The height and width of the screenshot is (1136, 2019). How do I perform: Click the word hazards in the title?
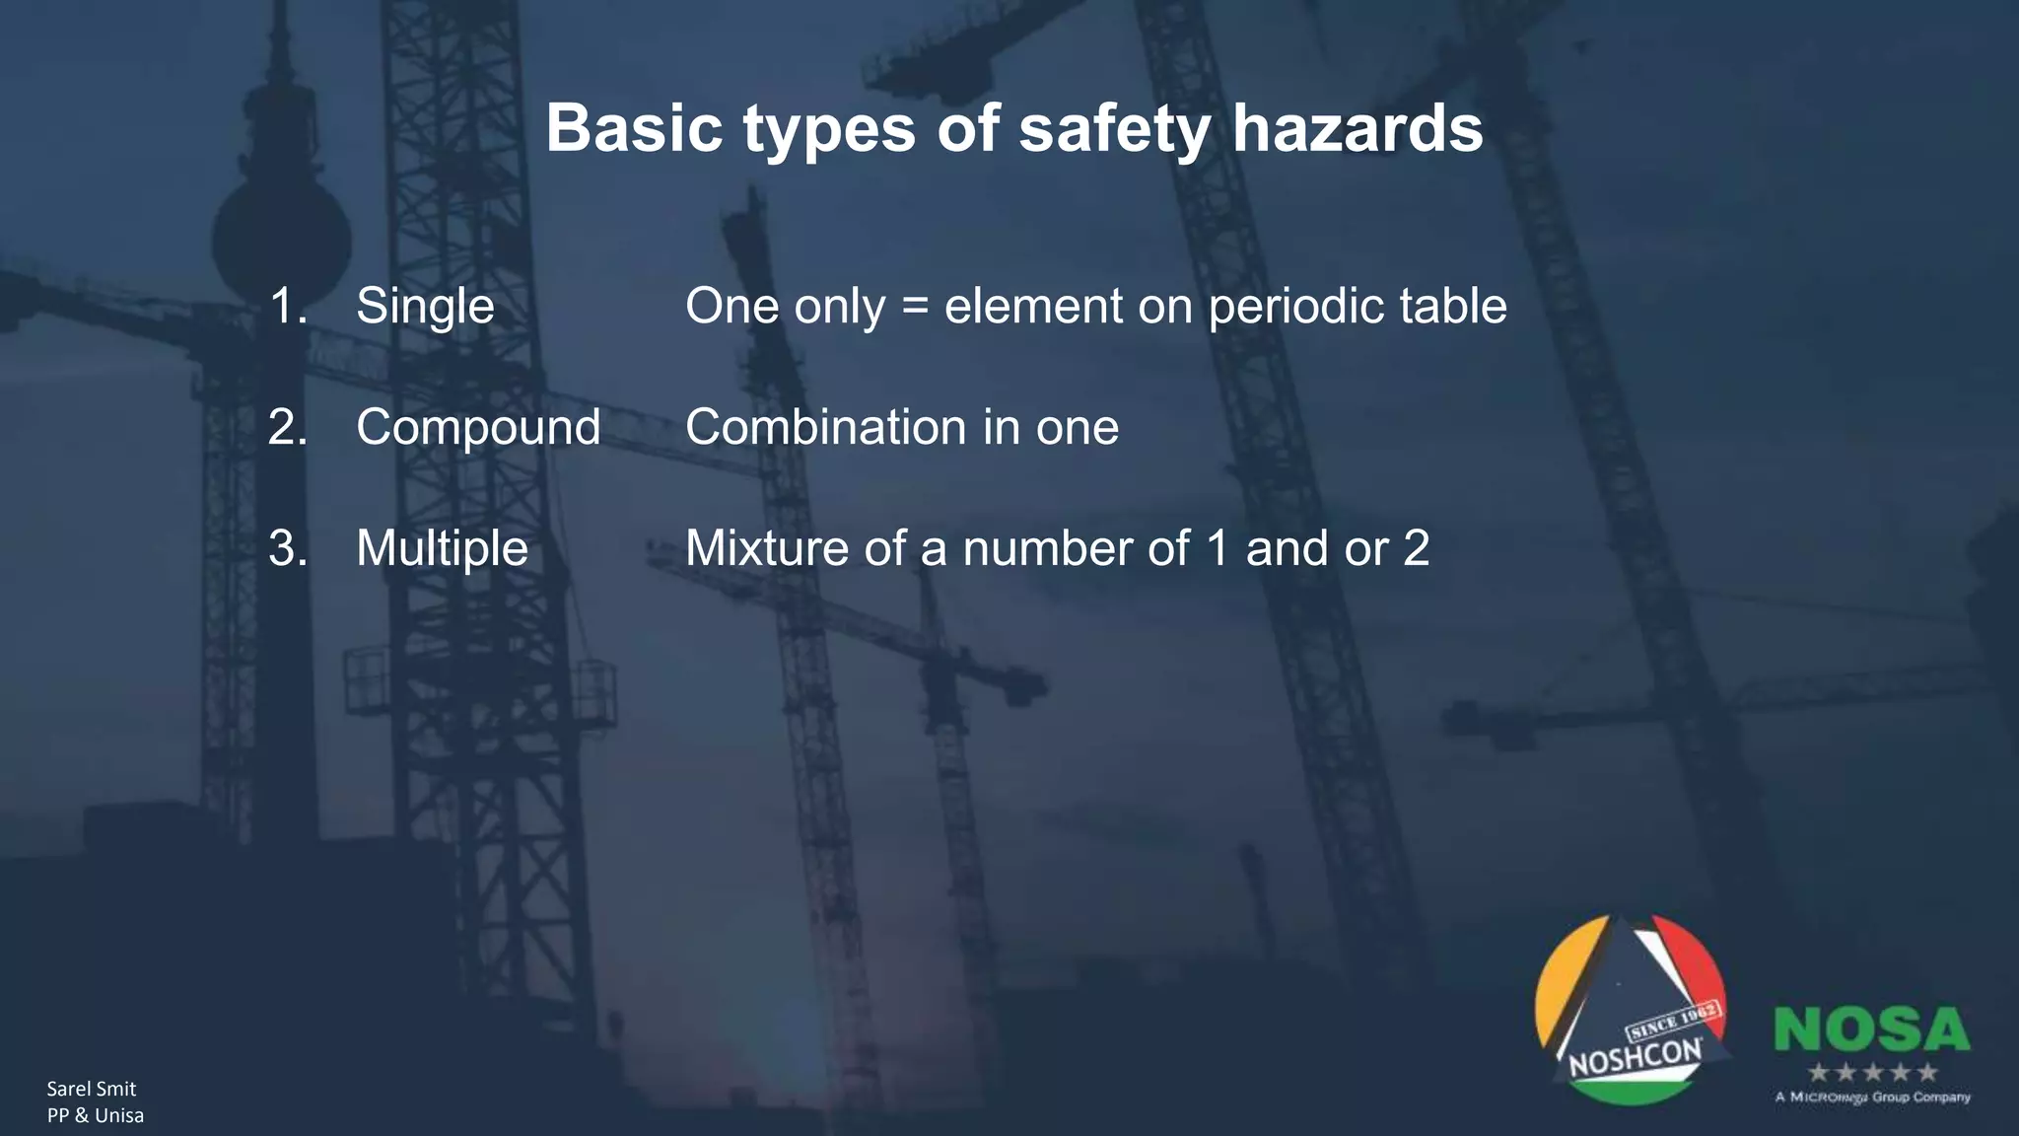tap(1358, 128)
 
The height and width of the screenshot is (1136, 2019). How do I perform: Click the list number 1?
tap(287, 306)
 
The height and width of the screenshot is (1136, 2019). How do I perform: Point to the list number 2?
tap(287, 427)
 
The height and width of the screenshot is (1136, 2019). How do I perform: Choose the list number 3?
tap(287, 548)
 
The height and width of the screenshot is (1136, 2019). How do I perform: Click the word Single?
tap(425, 307)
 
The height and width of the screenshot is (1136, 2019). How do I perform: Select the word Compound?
tap(478, 428)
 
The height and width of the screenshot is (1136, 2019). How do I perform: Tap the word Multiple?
tap(442, 549)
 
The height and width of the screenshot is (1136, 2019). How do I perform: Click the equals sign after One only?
tap(915, 308)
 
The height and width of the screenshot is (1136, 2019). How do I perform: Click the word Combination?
tap(825, 427)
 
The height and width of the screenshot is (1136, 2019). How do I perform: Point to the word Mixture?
tap(766, 548)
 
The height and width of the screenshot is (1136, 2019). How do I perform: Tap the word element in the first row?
tap(1032, 307)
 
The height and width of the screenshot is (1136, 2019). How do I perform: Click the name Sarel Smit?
tap(91, 1089)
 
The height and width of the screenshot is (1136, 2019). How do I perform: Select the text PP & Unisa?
tap(95, 1115)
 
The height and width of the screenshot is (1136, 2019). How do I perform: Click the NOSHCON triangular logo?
tap(1633, 1011)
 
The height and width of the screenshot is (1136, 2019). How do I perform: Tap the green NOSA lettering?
tap(1871, 1029)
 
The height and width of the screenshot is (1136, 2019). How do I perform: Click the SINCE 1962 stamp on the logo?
tap(1672, 1023)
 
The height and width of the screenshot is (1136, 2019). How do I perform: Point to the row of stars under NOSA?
tap(1871, 1072)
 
